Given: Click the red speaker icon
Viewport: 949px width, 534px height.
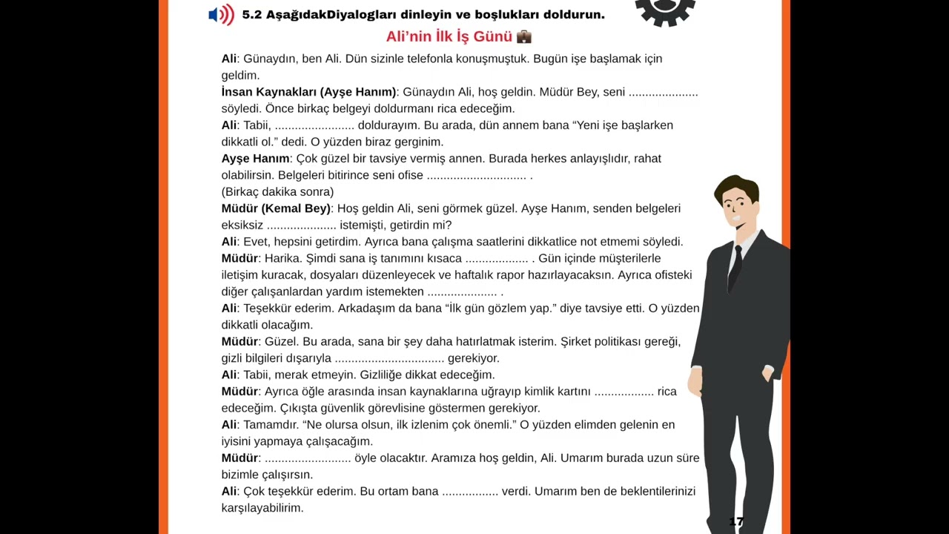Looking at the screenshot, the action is tap(221, 15).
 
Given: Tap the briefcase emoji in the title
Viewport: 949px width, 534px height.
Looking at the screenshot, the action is tap(523, 36).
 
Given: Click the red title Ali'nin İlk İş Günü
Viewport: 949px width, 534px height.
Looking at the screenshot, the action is tap(449, 36).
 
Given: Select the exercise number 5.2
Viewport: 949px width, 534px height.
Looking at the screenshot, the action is tap(251, 15).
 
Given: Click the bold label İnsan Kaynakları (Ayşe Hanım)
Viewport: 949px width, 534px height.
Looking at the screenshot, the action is tap(308, 92).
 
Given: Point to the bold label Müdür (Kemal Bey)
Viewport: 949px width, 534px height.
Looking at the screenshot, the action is tap(276, 208).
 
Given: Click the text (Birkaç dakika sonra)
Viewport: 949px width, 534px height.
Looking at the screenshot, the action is tap(277, 191).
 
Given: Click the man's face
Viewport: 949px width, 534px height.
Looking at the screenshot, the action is tap(736, 207).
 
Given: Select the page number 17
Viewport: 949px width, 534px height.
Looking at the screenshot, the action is tap(735, 521).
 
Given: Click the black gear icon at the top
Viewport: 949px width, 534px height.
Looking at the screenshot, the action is tap(665, 10).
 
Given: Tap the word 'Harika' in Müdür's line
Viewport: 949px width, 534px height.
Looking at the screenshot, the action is tap(282, 258).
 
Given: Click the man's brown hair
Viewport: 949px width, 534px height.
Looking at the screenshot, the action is tap(735, 185).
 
